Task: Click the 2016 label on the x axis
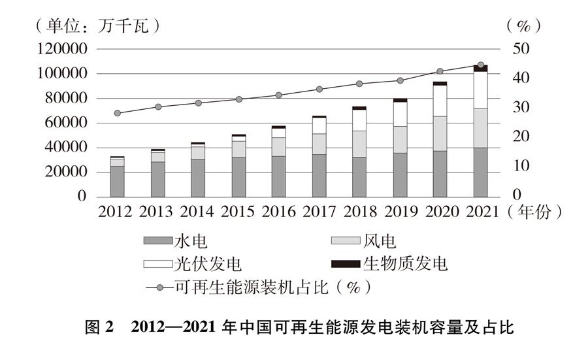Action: pyautogui.click(x=279, y=212)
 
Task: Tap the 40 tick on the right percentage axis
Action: pyautogui.click(x=512, y=78)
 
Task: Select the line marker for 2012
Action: pyautogui.click(x=118, y=113)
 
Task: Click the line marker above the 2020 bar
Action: pyautogui.click(x=440, y=71)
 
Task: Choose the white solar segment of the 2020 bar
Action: pyautogui.click(x=440, y=101)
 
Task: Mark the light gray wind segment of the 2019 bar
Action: pyautogui.click(x=400, y=139)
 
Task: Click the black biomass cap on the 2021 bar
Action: pyautogui.click(x=480, y=69)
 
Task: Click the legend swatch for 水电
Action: pyautogui.click(x=157, y=242)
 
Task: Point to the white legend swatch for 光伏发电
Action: pyautogui.click(x=157, y=264)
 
